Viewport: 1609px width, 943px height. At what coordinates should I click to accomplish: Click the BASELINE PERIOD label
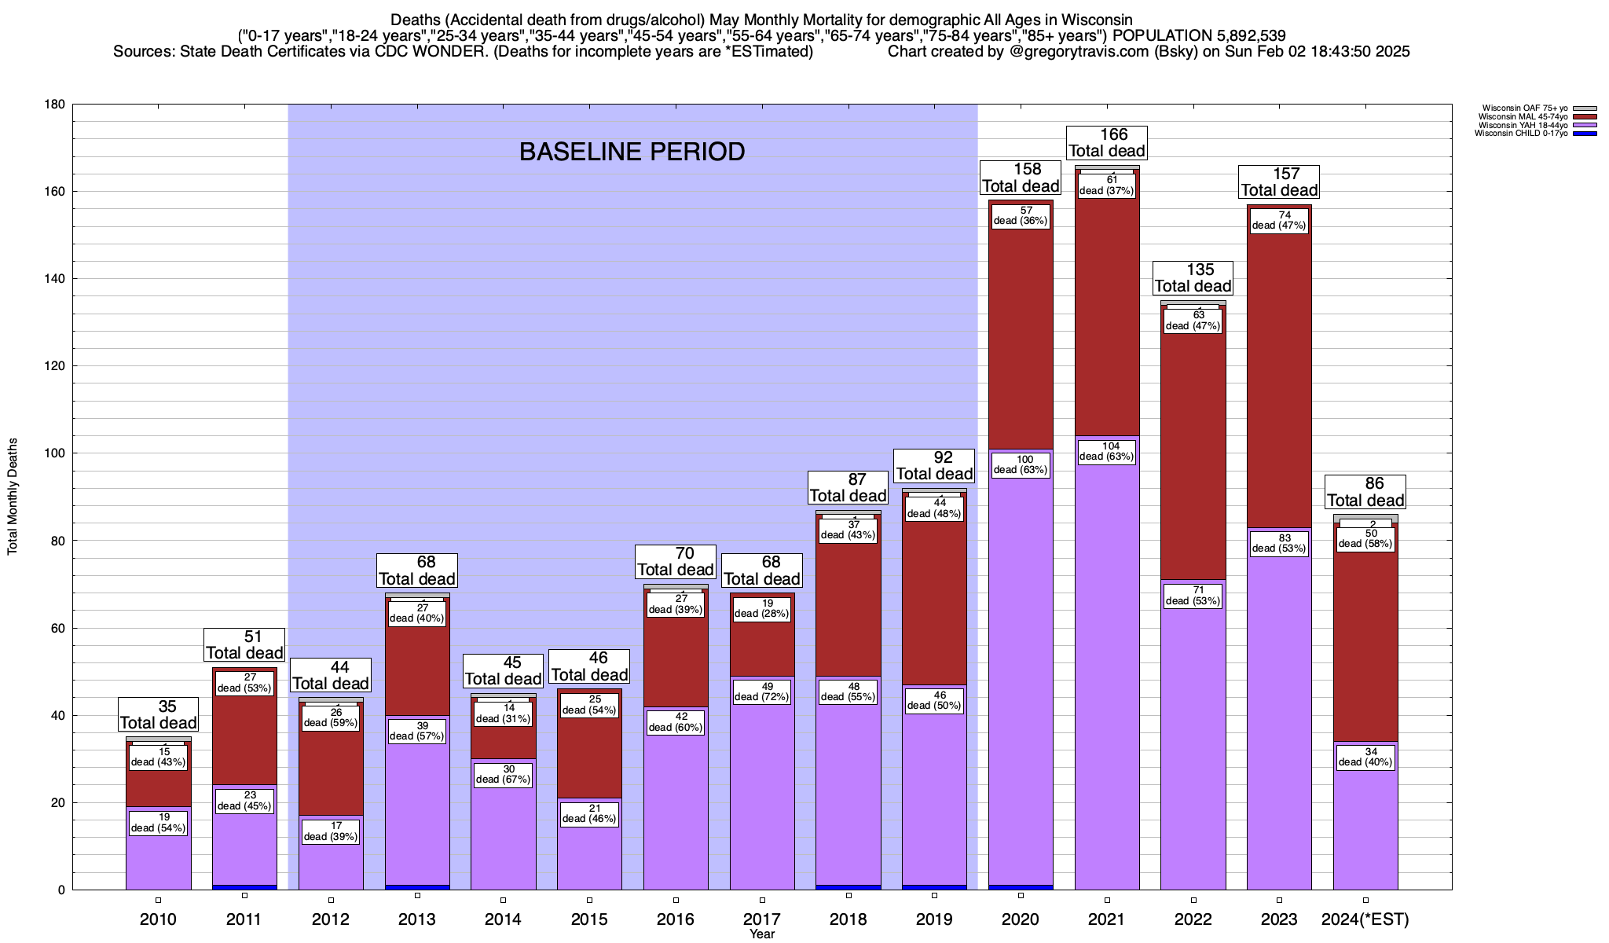point(632,152)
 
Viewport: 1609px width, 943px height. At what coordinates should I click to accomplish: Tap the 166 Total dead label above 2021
point(1107,142)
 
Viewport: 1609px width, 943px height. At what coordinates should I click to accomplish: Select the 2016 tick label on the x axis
point(676,919)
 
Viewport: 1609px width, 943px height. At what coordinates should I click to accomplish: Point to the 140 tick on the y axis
point(55,279)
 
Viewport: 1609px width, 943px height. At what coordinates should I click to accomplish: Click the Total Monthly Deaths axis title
point(13,496)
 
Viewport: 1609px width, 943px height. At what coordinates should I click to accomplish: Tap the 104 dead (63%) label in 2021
point(1106,452)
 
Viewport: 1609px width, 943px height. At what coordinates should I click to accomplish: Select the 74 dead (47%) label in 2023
point(1279,220)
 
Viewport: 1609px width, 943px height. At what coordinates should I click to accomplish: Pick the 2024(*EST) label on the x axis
point(1365,919)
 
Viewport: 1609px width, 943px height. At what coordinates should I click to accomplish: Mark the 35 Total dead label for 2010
point(158,714)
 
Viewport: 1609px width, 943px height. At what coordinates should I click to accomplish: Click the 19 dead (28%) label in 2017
point(761,609)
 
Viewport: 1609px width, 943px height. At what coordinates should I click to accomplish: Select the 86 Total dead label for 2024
point(1365,492)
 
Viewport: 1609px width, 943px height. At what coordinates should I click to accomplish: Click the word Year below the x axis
point(761,934)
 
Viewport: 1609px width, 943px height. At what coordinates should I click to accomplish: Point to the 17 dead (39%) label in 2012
point(331,831)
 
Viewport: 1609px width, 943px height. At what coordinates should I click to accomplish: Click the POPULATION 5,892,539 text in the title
point(1199,35)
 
